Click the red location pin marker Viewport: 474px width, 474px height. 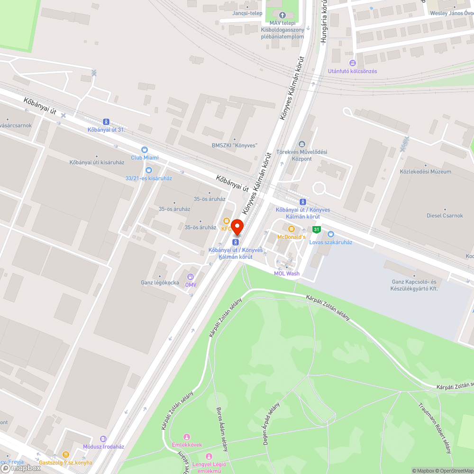237,227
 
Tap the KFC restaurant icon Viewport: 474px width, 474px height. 227,221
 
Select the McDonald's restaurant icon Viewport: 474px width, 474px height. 292,229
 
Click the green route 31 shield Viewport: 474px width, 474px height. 317,230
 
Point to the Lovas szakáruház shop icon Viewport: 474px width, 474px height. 331,234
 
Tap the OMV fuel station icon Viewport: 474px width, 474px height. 191,277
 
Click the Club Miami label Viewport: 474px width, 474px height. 145,157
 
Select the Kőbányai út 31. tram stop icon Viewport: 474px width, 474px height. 106,122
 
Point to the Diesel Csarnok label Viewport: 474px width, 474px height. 445,216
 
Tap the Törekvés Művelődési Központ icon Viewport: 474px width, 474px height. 301,144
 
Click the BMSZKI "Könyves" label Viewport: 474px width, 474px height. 234,146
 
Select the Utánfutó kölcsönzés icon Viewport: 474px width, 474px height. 352,63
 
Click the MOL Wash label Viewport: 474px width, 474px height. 287,273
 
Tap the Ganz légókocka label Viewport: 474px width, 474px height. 160,283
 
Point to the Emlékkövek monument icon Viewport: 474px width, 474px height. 186,437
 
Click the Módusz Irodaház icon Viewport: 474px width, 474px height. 104,439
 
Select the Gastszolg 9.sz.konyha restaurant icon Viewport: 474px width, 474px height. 66,455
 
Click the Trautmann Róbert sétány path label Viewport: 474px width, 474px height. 435,426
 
